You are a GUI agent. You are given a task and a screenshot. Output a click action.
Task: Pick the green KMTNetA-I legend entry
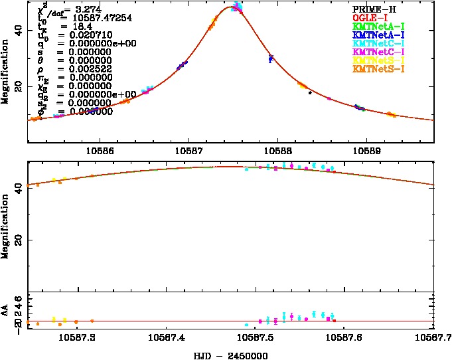tap(377, 26)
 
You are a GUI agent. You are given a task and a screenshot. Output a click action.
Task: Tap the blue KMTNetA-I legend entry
tap(377, 35)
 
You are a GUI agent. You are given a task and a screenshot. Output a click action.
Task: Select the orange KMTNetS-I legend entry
tap(377, 69)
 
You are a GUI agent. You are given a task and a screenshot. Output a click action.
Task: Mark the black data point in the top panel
tap(310, 92)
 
